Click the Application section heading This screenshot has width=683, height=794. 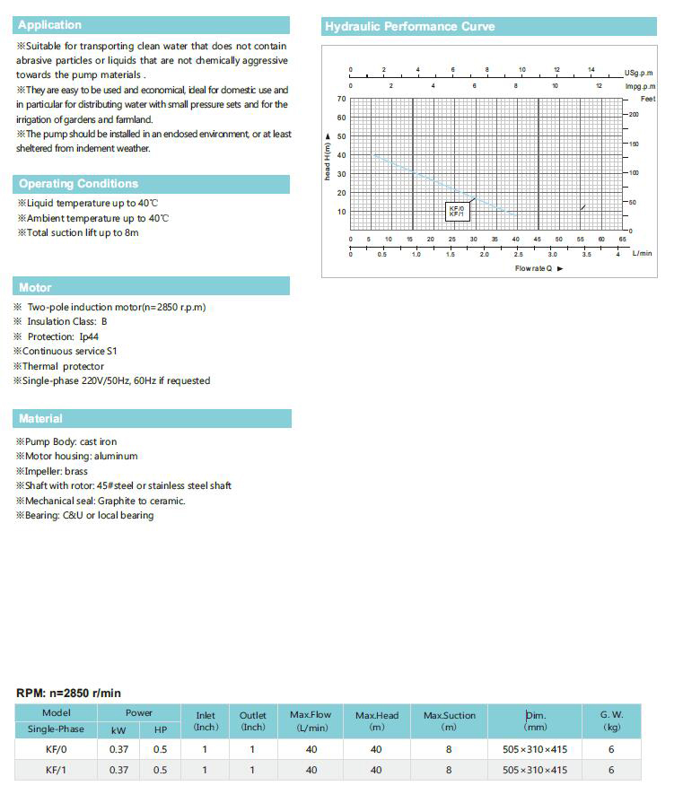[49, 25]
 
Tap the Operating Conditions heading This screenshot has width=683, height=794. [78, 184]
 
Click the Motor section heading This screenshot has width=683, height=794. [35, 288]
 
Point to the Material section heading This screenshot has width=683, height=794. [40, 419]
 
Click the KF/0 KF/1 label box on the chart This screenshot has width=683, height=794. [457, 212]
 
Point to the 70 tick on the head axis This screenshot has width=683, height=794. [341, 99]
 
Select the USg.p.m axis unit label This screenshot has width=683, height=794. [639, 73]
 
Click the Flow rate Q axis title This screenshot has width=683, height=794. [538, 268]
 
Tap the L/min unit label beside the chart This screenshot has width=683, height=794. [642, 254]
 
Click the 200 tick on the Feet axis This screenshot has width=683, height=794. [635, 115]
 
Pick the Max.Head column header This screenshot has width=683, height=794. [376, 720]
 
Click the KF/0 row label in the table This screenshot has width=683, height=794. [56, 749]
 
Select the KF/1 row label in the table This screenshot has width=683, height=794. [56, 770]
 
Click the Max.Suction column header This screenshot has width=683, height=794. [450, 720]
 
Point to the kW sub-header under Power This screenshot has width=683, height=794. [118, 729]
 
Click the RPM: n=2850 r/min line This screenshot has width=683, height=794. [69, 693]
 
